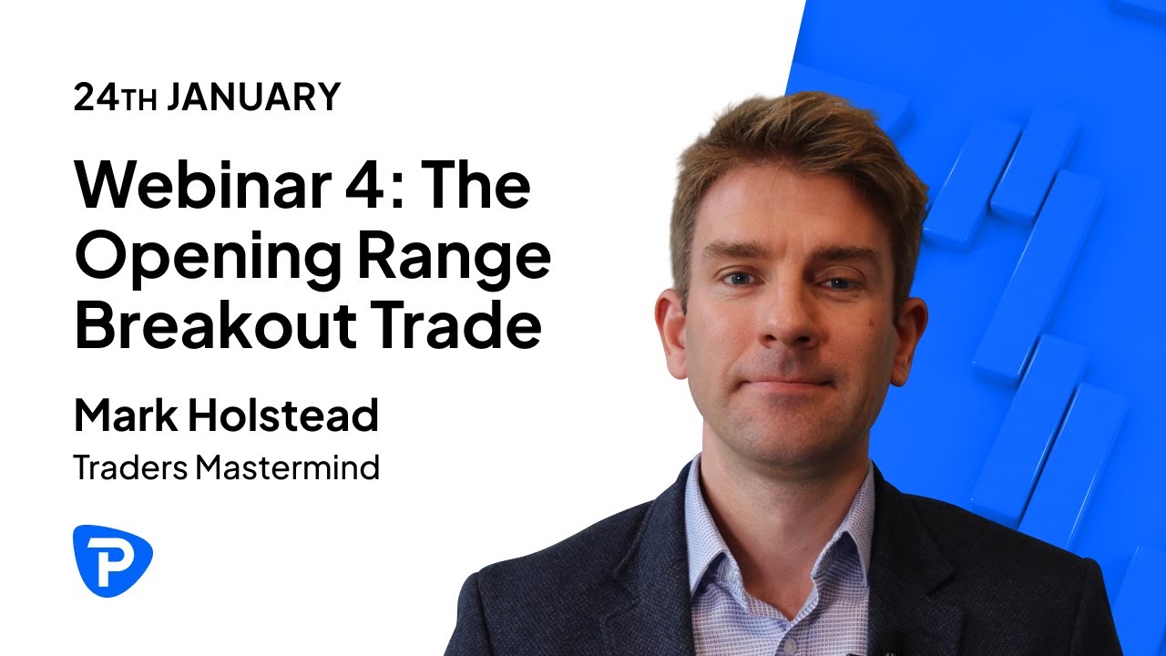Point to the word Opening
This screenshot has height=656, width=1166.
(202, 259)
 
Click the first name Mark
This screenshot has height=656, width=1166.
(125, 416)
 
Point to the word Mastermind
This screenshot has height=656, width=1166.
(288, 468)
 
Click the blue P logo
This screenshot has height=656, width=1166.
(112, 560)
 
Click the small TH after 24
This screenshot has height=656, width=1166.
(140, 100)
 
